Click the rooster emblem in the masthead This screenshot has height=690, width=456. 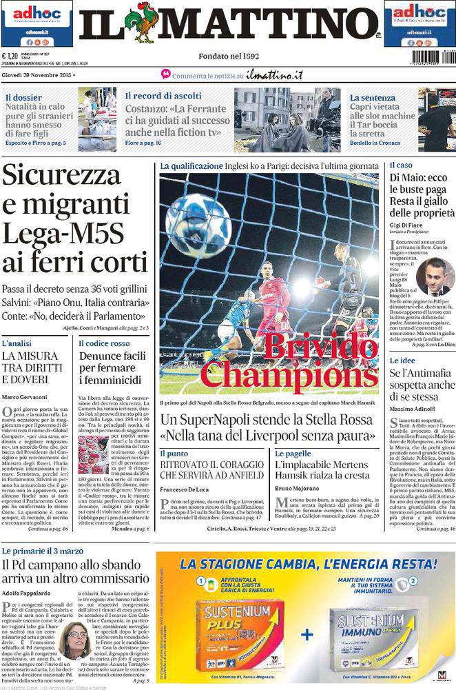pos(143,23)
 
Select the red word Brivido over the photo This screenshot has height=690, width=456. pos(321,347)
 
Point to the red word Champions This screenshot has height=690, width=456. pos(289,375)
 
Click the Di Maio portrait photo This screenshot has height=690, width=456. pos(435,276)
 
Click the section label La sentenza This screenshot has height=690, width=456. pos(372,97)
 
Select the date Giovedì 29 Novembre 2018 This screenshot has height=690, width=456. pos(37,74)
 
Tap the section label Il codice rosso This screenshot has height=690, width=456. pos(104,343)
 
